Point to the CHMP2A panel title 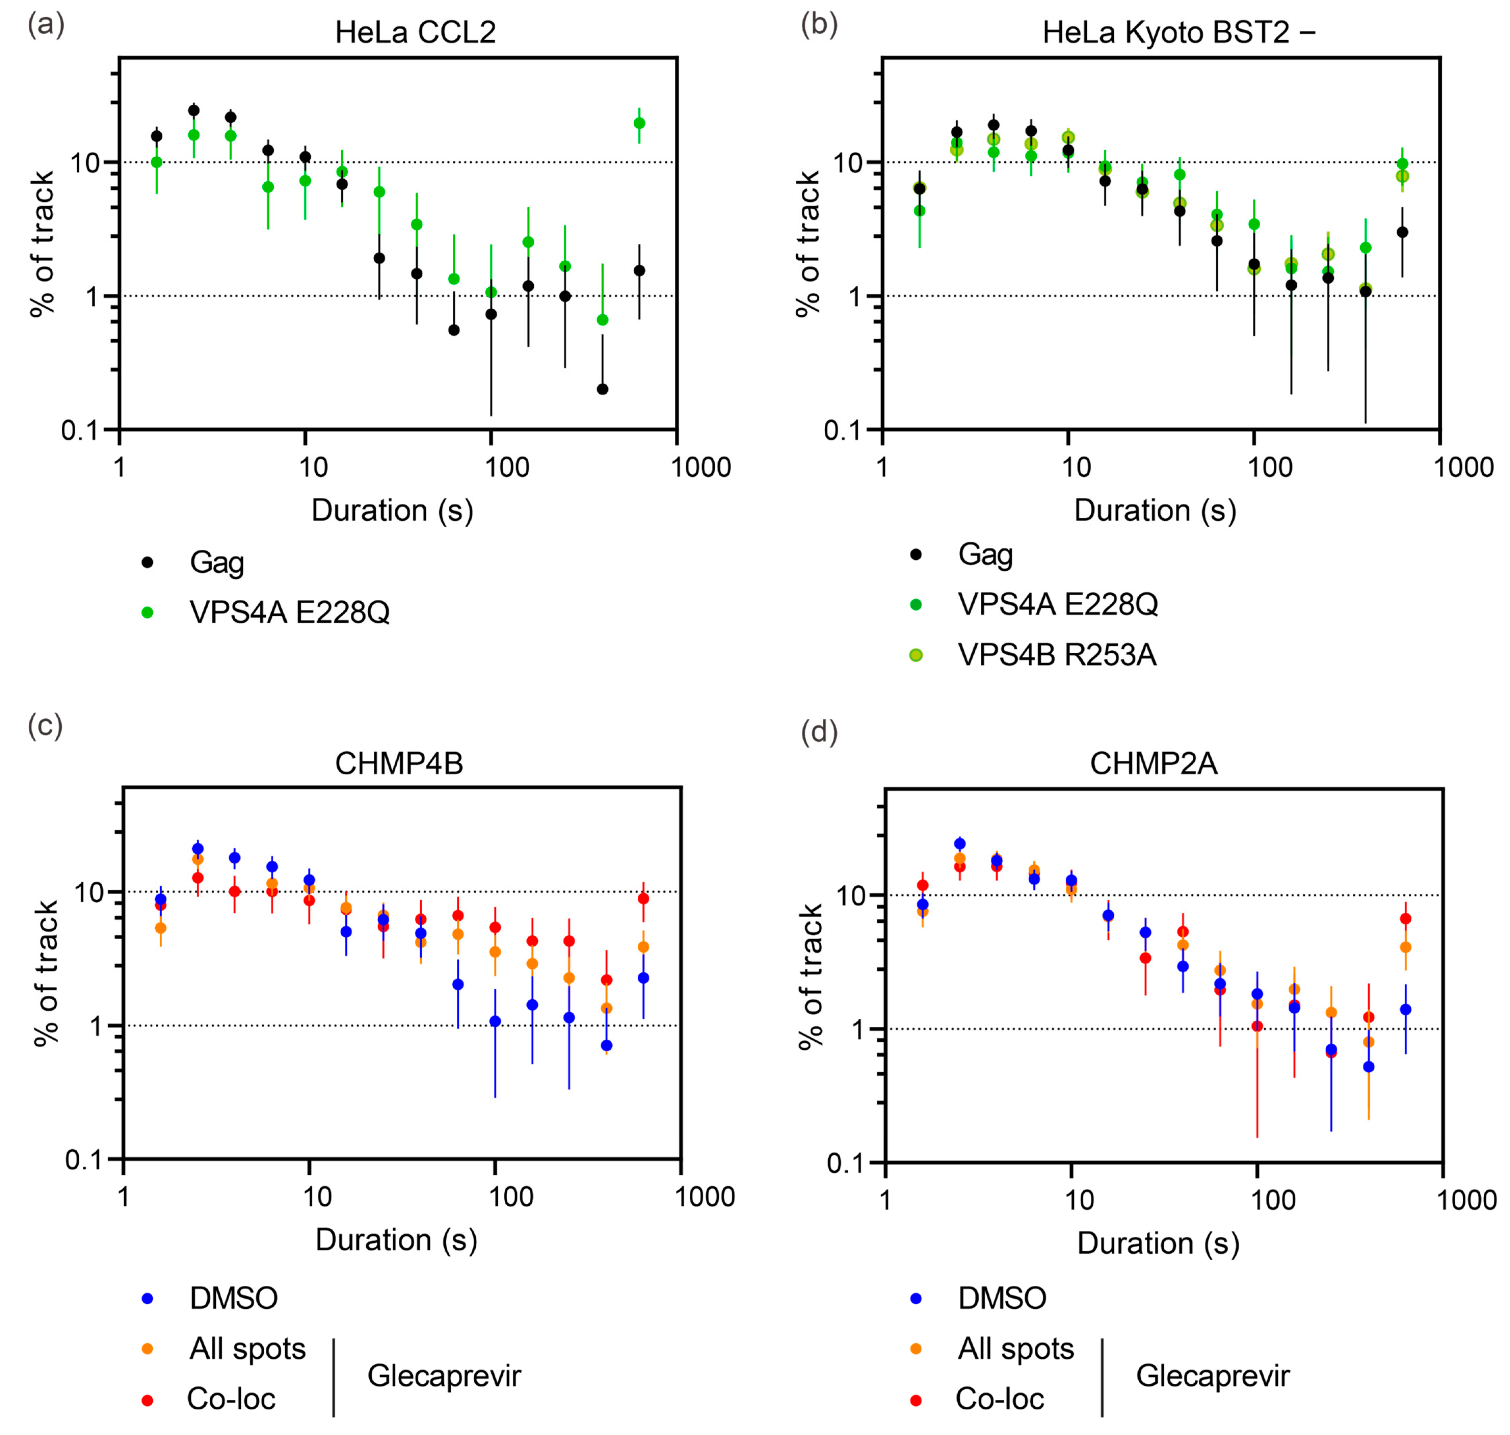(1153, 763)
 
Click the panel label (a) (46, 25)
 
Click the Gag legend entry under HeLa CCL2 (216, 562)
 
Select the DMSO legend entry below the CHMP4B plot (233, 1298)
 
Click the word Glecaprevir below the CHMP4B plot (444, 1375)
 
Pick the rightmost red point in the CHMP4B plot (643, 898)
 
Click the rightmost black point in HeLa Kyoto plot (1402, 232)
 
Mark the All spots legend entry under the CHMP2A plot (1015, 1349)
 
